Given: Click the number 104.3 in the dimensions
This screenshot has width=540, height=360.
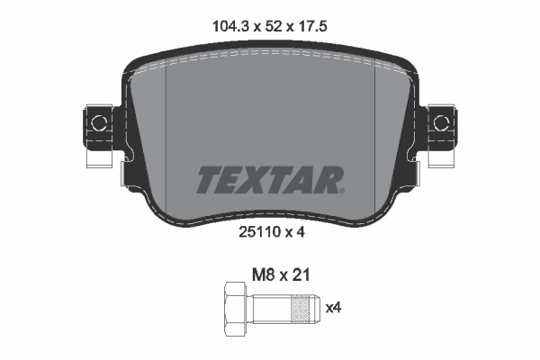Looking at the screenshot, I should (x=229, y=27).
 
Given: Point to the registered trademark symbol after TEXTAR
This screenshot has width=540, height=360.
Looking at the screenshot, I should (x=340, y=190).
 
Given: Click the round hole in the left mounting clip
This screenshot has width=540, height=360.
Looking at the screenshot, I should (x=99, y=121).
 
